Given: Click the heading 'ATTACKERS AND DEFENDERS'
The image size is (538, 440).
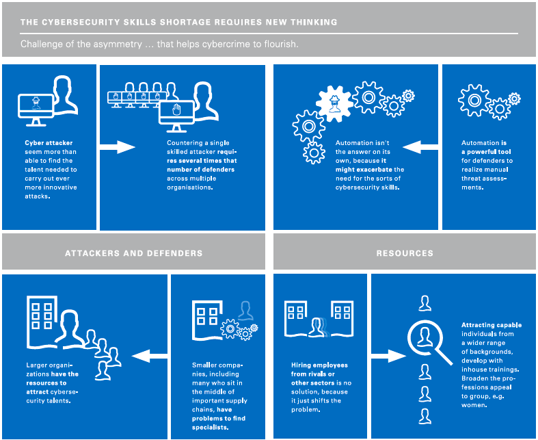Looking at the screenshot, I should coord(133,253).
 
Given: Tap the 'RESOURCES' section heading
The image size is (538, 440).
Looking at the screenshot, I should coord(405,253).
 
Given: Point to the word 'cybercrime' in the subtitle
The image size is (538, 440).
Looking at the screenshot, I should coord(229,44).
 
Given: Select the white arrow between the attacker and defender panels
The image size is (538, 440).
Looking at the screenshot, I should coord(118,146).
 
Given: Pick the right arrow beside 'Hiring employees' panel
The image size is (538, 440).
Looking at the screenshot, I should coord(388,355).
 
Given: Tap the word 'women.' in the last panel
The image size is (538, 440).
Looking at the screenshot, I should coord(475,404).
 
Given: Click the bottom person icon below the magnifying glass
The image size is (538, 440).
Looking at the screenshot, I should coord(425,415).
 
